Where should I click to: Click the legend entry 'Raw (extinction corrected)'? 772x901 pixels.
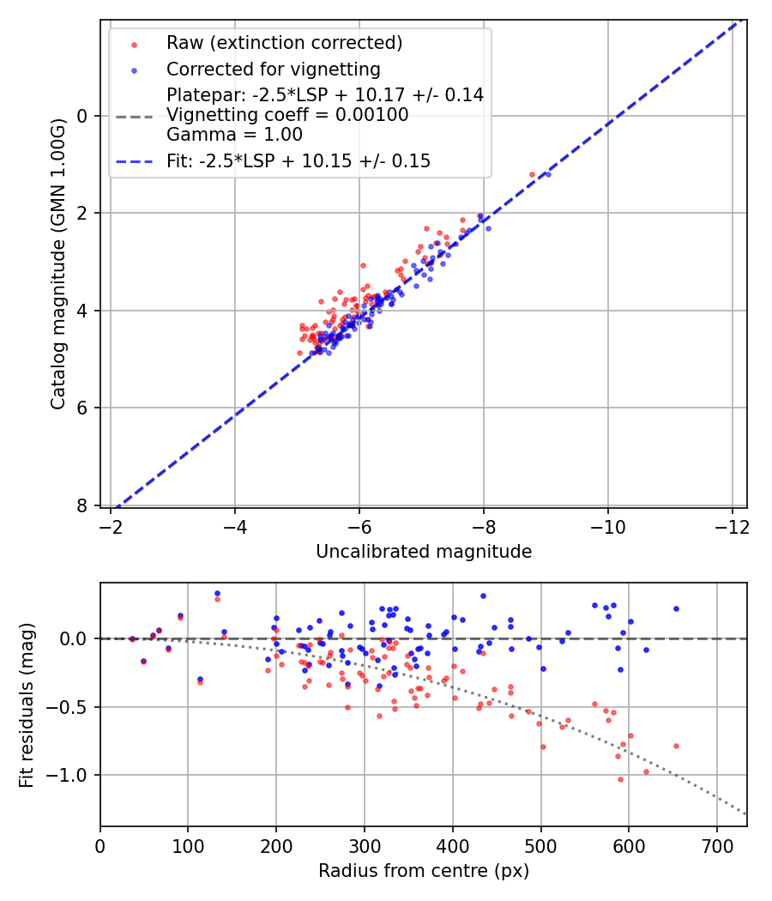[284, 43]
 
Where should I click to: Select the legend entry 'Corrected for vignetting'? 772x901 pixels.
[273, 69]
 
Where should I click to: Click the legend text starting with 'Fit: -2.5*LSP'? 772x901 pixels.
[299, 161]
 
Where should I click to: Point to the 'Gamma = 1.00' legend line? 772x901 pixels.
[234, 134]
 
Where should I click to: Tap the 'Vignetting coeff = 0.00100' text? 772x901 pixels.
[287, 115]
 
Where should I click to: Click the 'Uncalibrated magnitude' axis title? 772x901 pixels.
[424, 552]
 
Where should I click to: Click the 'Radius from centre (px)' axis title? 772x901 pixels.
[424, 871]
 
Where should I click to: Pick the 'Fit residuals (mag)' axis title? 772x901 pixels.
[27, 704]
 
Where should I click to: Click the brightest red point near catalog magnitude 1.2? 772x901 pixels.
[532, 174]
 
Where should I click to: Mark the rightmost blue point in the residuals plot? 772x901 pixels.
[676, 608]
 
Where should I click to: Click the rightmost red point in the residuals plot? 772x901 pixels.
[676, 746]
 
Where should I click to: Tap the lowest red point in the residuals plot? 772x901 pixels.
[620, 779]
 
